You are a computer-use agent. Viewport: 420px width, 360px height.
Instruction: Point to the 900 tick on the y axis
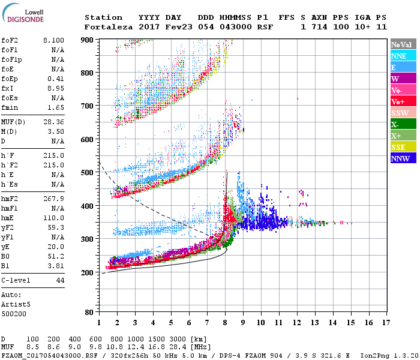point(87,40)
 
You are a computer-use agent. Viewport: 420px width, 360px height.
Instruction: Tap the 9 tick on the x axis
point(243,322)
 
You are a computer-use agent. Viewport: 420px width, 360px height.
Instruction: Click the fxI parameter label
point(8,88)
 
